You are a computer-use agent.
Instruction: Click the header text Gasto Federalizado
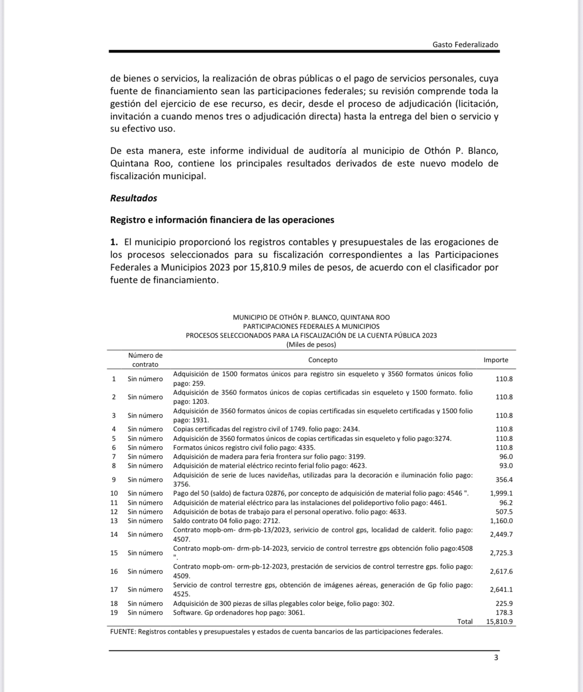point(465,44)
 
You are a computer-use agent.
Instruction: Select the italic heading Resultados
point(133,198)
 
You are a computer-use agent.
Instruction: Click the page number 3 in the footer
point(496,658)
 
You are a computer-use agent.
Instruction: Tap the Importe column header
point(496,360)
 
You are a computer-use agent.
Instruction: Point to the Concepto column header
point(323,360)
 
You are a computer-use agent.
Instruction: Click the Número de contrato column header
point(145,360)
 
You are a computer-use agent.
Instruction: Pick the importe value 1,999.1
point(501,493)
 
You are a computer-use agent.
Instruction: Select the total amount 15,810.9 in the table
point(499,621)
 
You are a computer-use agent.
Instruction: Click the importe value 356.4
point(504,480)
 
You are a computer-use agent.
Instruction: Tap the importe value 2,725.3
point(501,553)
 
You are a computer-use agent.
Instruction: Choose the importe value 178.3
point(504,612)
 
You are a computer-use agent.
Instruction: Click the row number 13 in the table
point(114,521)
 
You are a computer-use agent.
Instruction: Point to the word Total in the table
point(465,621)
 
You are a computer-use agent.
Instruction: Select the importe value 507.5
point(504,512)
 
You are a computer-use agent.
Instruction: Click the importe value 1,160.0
point(501,521)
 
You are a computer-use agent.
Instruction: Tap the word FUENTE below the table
point(123,631)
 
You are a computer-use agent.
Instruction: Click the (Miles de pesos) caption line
point(311,344)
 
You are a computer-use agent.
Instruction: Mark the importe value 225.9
point(504,603)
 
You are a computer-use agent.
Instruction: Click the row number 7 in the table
point(114,457)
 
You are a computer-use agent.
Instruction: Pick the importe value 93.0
point(506,466)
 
